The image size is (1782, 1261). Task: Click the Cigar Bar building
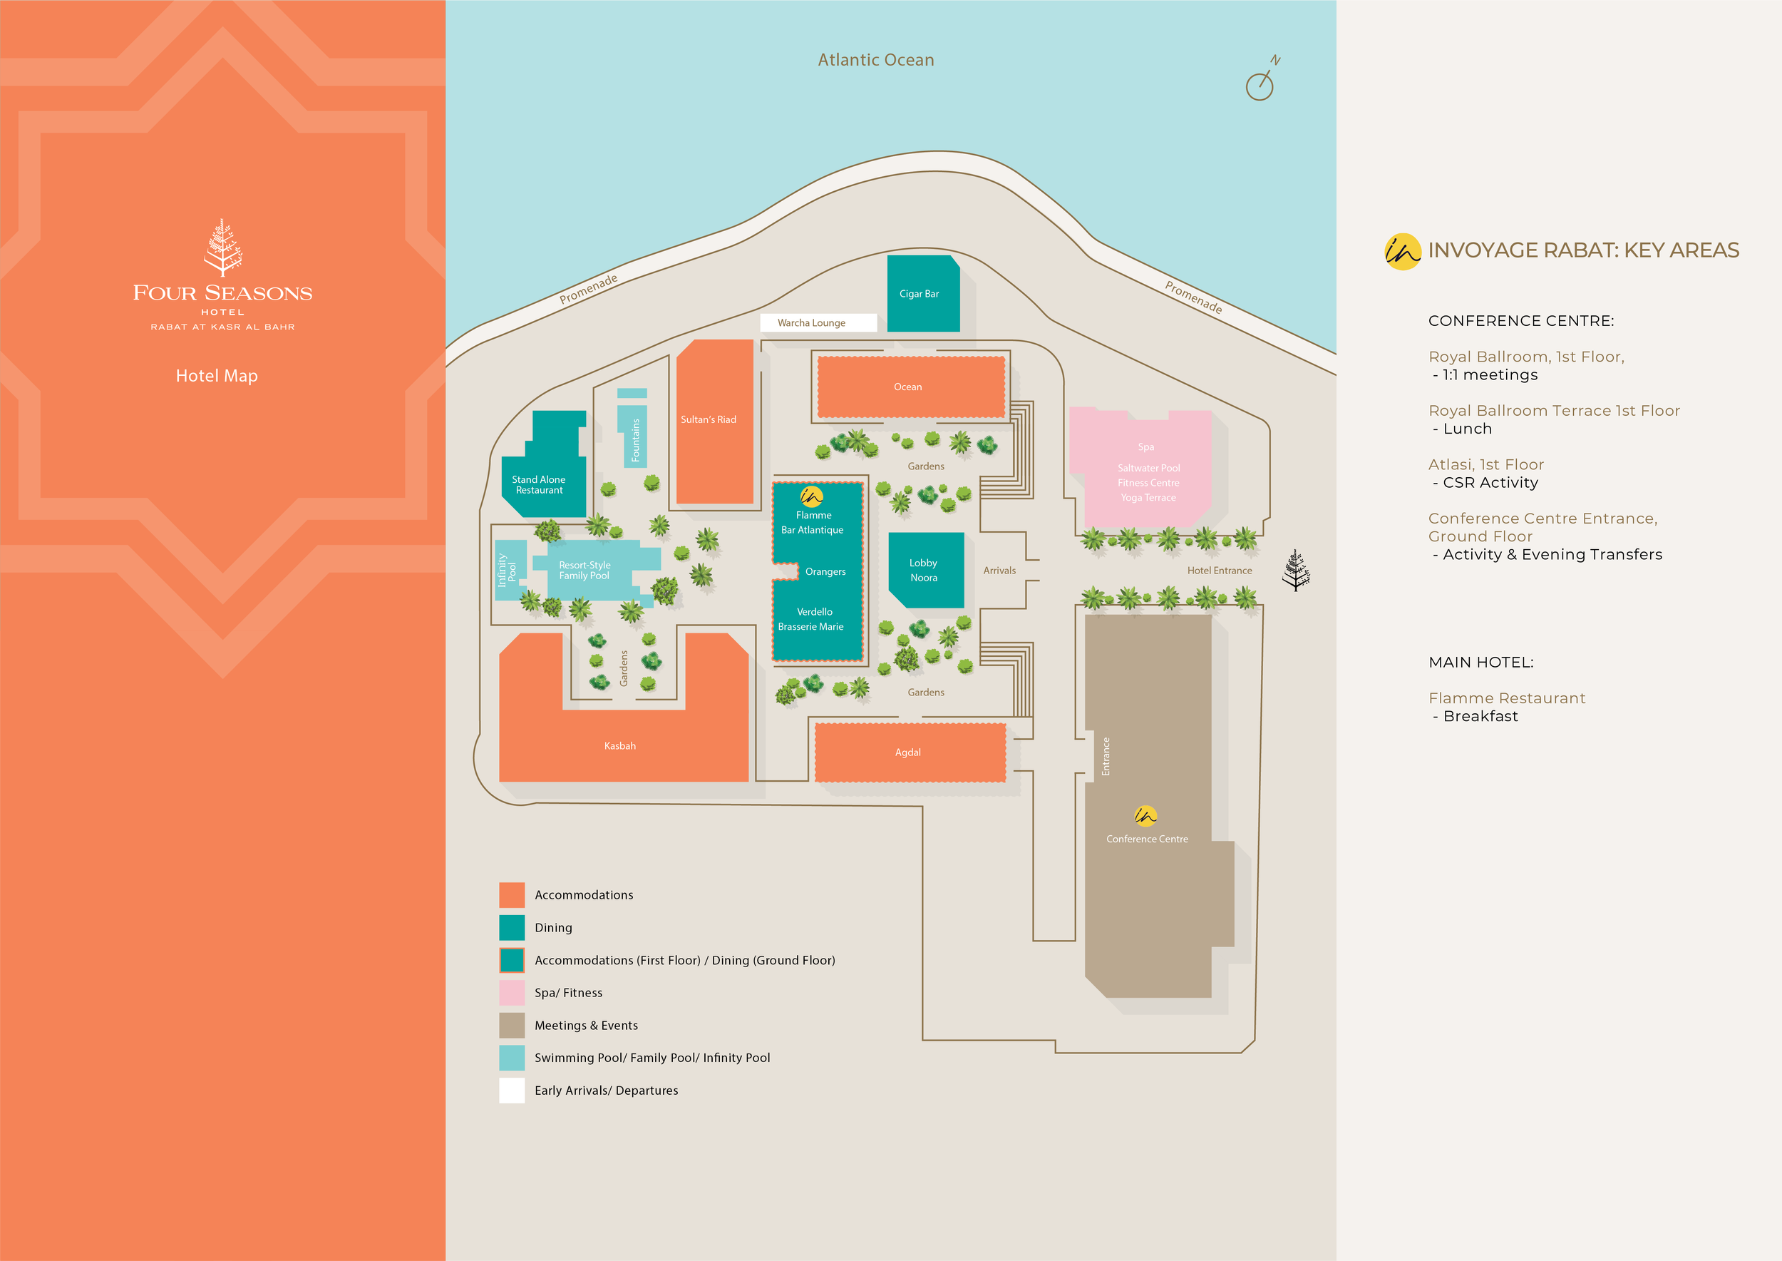(x=923, y=294)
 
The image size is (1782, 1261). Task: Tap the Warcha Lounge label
(x=812, y=323)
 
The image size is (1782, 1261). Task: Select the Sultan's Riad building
(x=714, y=421)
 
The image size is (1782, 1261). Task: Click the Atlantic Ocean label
(x=875, y=60)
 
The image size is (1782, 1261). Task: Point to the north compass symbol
(x=1260, y=83)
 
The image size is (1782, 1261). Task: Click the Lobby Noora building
(x=925, y=570)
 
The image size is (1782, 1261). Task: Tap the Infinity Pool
(x=508, y=570)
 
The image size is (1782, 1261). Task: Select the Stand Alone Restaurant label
(x=539, y=484)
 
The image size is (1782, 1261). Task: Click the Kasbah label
(x=619, y=746)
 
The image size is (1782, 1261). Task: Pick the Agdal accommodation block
(x=910, y=752)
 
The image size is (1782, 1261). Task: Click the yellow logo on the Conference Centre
(x=1145, y=815)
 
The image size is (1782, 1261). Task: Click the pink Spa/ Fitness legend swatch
(x=512, y=992)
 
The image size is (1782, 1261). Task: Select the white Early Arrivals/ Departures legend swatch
(x=512, y=1090)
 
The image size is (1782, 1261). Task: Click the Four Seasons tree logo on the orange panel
(x=222, y=247)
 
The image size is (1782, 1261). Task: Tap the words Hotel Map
(x=217, y=376)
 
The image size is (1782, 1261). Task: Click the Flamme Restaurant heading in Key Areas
(x=1506, y=698)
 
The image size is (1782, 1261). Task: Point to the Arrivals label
(x=999, y=571)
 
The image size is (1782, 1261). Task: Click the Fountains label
(x=636, y=440)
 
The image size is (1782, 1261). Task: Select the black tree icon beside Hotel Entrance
(x=1295, y=571)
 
